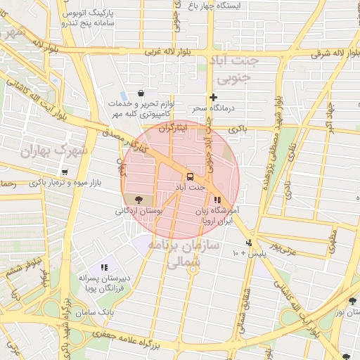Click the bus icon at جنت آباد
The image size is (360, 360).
tap(190, 176)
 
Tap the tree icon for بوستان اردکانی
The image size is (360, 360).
tap(137, 200)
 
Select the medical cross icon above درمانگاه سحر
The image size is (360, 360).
tap(213, 97)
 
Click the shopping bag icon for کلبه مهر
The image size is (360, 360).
tap(141, 93)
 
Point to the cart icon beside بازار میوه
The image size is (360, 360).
tap(65, 172)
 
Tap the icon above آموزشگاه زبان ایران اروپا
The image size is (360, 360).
tap(216, 200)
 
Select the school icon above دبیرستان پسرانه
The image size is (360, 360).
tap(104, 267)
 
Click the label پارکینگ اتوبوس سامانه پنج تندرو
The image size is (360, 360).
tap(83, 18)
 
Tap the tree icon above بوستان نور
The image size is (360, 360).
tap(351, 300)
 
